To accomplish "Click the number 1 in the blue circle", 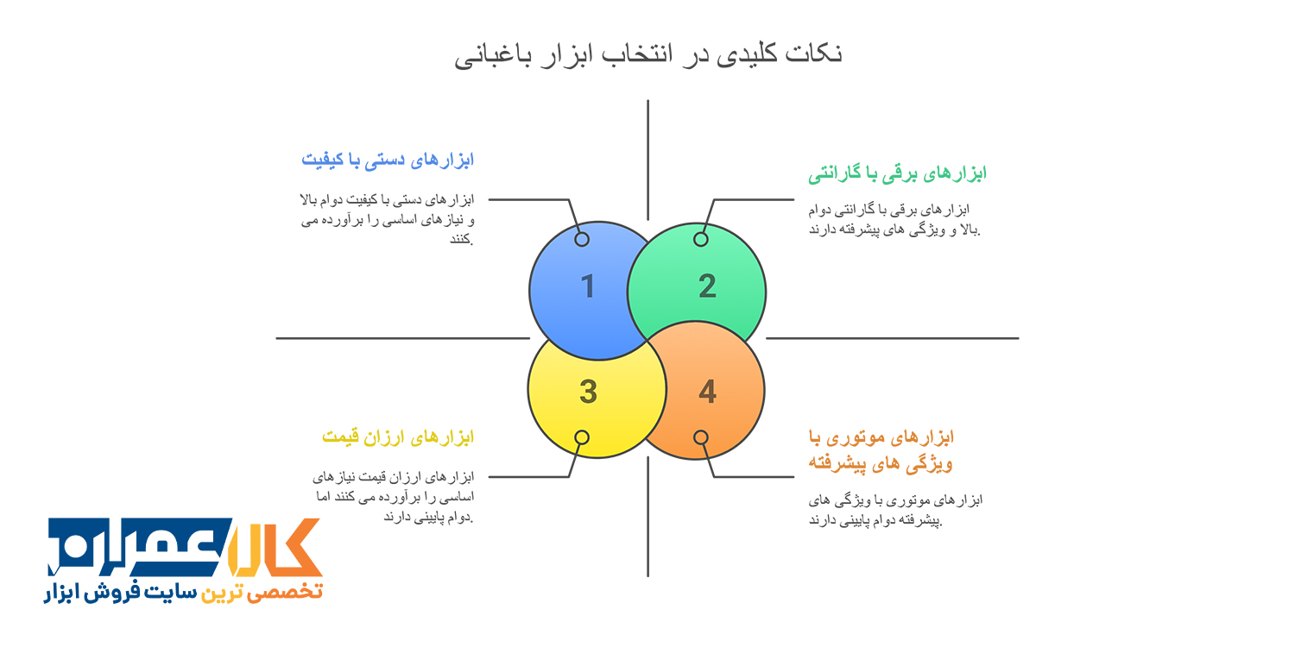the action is click(x=588, y=286).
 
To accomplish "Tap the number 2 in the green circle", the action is click(x=707, y=286).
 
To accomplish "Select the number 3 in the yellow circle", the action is click(x=588, y=392).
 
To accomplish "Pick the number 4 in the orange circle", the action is click(x=708, y=392).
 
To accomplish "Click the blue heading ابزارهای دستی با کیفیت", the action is click(x=388, y=160).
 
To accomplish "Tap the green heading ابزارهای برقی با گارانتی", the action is click(x=897, y=173).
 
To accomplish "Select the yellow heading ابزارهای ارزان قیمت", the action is click(x=398, y=437).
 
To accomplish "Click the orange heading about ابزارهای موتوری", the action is click(x=881, y=450).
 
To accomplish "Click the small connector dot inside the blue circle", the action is click(x=582, y=239).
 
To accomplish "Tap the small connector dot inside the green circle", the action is click(x=701, y=239).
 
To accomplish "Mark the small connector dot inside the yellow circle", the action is click(x=582, y=437).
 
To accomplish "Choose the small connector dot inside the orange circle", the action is click(x=701, y=437).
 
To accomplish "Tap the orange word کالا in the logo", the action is click(x=275, y=547).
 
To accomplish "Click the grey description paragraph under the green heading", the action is click(x=894, y=219).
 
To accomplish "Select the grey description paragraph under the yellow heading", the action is click(x=394, y=497).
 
